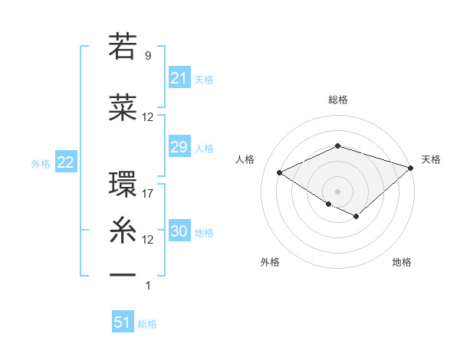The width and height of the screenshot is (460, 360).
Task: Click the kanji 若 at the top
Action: [x=123, y=47]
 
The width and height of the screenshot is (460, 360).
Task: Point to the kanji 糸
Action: [x=123, y=229]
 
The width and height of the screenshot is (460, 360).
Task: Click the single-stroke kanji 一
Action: [x=123, y=274]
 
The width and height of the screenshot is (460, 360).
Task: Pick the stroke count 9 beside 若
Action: [x=148, y=56]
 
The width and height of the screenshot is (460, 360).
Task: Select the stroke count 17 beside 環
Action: [x=148, y=193]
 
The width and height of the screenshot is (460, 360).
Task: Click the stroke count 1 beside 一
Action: [x=148, y=286]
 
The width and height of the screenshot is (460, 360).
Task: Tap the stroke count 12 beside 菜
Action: [x=148, y=117]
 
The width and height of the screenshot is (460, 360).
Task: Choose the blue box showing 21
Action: [x=179, y=77]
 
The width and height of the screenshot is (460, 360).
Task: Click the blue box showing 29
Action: [x=179, y=147]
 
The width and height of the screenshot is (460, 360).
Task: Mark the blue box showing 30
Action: [x=179, y=231]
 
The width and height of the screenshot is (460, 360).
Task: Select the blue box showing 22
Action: [x=65, y=162]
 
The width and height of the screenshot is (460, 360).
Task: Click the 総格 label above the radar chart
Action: [x=337, y=100]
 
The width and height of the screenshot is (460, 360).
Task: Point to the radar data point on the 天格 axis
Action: [x=411, y=167]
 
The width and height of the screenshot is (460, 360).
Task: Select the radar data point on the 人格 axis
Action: [x=280, y=173]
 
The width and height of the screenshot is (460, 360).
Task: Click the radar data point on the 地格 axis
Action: [x=356, y=217]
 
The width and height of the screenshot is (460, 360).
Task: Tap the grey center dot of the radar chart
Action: [x=337, y=191]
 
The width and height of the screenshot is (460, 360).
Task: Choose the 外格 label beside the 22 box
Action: [x=41, y=163]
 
